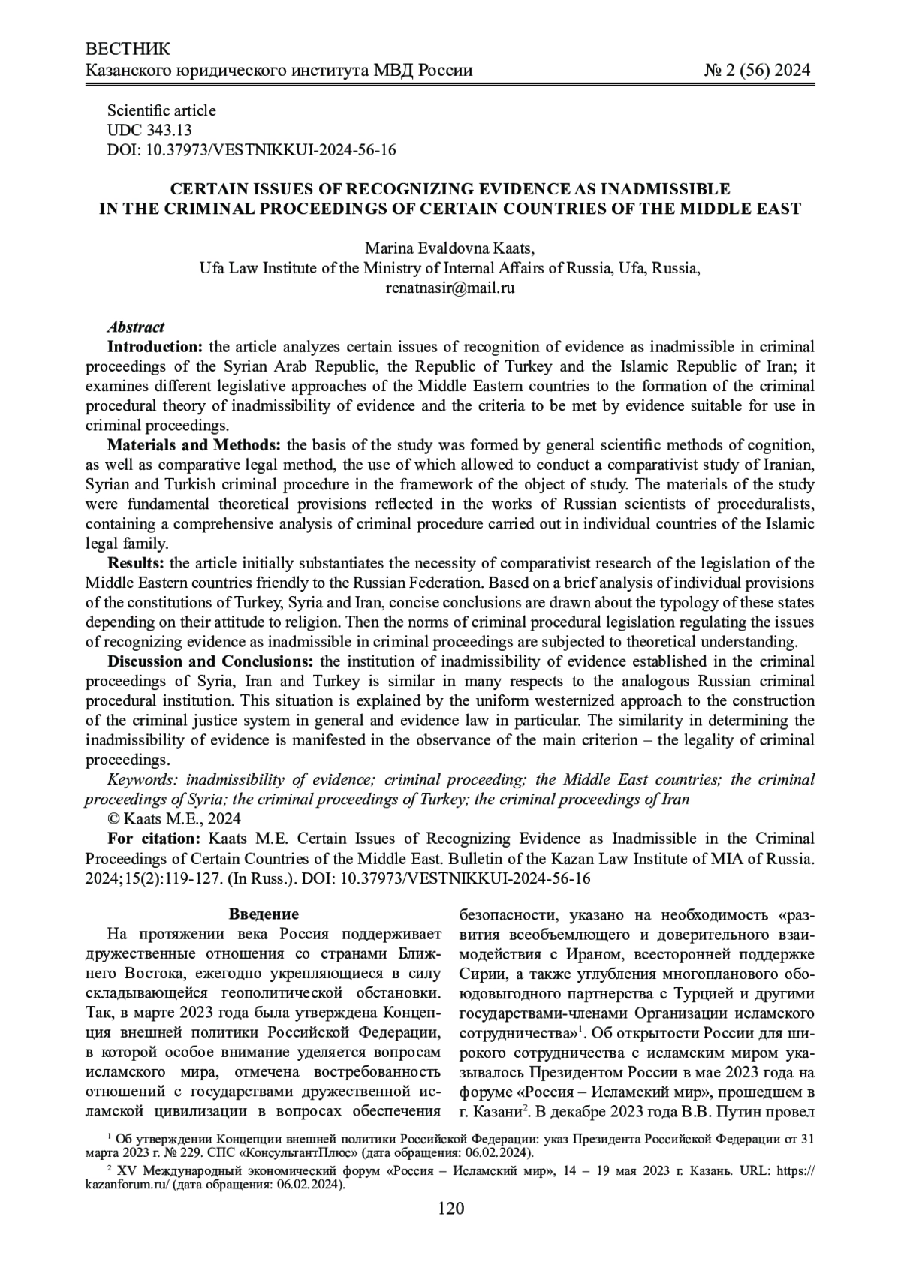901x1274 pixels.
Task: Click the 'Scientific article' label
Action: (x=161, y=110)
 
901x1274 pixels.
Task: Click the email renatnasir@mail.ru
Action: (x=450, y=288)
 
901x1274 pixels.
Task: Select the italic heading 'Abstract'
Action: (x=136, y=327)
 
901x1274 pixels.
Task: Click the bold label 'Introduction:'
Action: (x=155, y=347)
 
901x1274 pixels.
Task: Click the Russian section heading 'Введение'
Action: (x=264, y=914)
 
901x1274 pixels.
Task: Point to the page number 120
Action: (x=450, y=1209)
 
